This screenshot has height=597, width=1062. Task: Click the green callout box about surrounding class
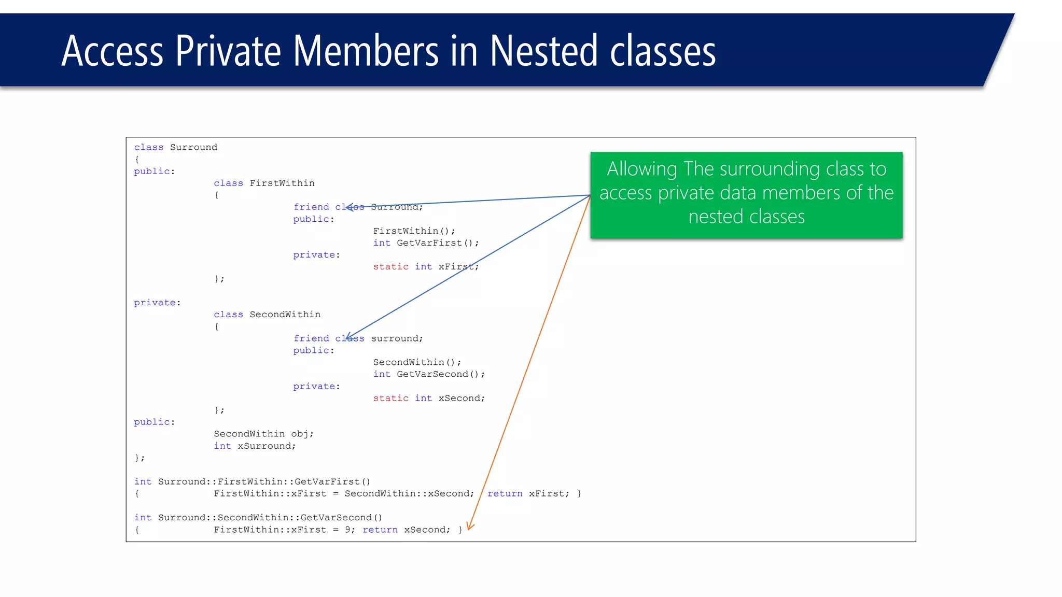pyautogui.click(x=746, y=195)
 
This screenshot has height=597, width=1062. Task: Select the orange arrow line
pyautogui.click(x=529, y=363)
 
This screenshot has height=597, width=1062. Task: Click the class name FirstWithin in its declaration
pyautogui.click(x=282, y=183)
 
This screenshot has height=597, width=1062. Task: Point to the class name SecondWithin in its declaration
pyautogui.click(x=285, y=315)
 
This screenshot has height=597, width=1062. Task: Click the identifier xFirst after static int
pyautogui.click(x=457, y=267)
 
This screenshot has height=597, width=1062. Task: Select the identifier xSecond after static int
pyautogui.click(x=461, y=399)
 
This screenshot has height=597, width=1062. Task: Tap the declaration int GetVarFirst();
pyautogui.click(x=426, y=243)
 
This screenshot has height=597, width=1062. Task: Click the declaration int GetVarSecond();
pyautogui.click(x=429, y=374)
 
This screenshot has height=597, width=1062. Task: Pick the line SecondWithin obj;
pyautogui.click(x=263, y=434)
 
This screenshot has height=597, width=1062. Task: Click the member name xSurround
pyautogui.click(x=266, y=446)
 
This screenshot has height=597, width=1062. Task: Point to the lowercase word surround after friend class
pyautogui.click(x=396, y=339)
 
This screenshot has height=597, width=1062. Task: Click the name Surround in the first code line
pyautogui.click(x=193, y=148)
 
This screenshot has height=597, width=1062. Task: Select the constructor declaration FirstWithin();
pyautogui.click(x=414, y=231)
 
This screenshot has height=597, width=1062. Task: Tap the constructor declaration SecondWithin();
pyautogui.click(x=417, y=362)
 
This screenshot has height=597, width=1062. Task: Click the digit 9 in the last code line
pyautogui.click(x=348, y=530)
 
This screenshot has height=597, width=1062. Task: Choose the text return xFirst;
pyautogui.click(x=528, y=494)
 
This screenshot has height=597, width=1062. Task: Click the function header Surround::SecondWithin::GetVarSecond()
pyautogui.click(x=270, y=518)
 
